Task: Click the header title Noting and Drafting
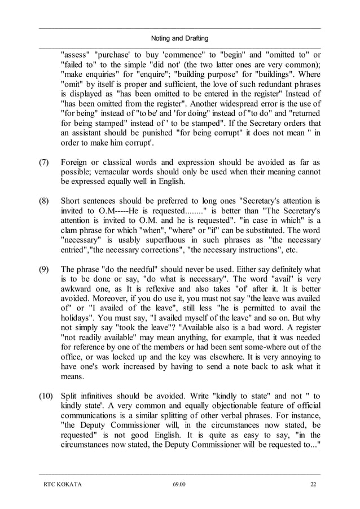point(180,38)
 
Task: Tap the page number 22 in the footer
point(313,484)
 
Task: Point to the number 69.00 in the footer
point(179,484)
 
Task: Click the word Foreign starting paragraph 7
point(75,163)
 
